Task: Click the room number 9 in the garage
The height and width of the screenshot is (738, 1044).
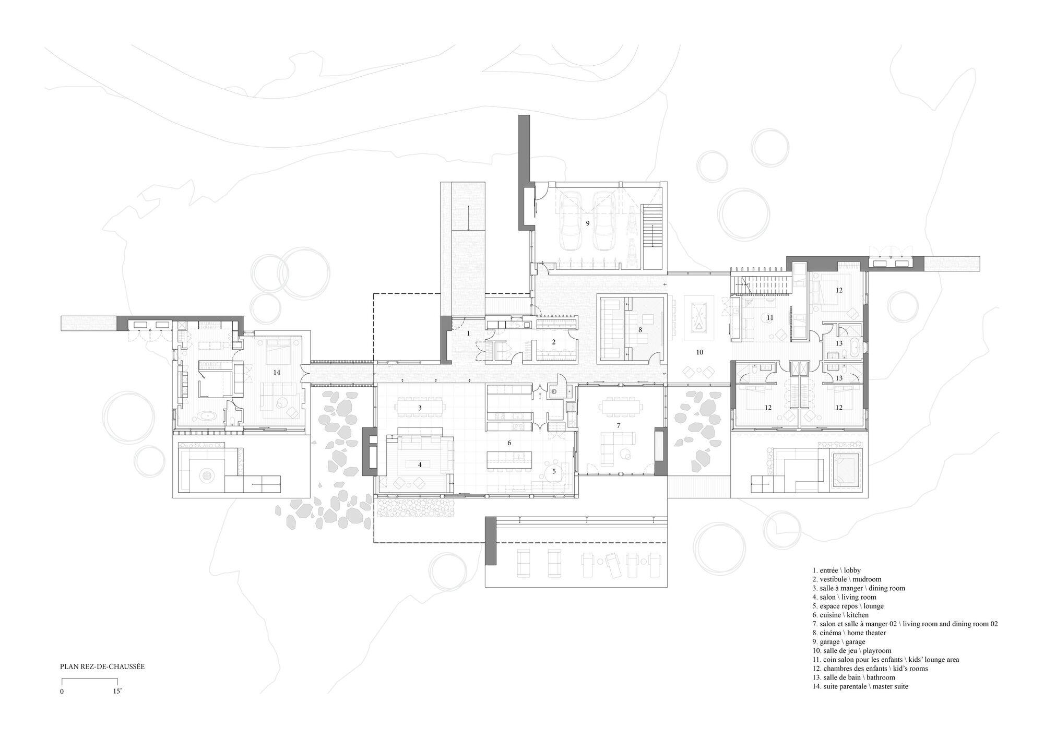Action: click(587, 223)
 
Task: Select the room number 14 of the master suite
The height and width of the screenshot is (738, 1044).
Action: click(277, 372)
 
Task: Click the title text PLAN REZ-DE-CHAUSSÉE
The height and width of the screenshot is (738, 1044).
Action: click(102, 666)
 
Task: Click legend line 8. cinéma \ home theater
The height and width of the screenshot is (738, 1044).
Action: click(849, 633)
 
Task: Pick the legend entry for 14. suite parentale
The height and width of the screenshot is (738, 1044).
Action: click(860, 686)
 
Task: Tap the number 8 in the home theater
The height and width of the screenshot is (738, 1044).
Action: click(639, 329)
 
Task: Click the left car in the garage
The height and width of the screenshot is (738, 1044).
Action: click(571, 223)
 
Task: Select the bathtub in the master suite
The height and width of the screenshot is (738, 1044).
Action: click(209, 416)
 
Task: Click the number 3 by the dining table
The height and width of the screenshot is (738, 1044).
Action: click(420, 407)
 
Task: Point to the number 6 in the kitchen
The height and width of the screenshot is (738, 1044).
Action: click(509, 443)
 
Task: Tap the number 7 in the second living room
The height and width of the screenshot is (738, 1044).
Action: click(619, 425)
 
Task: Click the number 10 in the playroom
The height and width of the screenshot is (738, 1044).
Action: click(699, 352)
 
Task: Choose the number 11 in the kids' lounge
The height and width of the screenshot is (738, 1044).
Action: click(769, 331)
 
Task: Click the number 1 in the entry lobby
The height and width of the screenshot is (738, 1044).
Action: click(468, 333)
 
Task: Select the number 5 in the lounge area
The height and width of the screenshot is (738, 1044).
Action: click(554, 471)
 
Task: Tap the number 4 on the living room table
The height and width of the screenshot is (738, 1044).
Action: click(420, 465)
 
